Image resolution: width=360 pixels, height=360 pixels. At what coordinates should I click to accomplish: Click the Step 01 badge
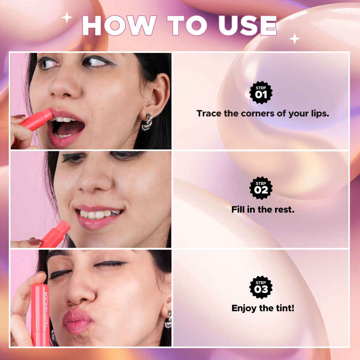pos(261,92)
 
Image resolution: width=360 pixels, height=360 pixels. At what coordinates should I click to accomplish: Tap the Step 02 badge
pos(261,188)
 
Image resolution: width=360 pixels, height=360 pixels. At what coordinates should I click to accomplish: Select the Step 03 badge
pos(261,287)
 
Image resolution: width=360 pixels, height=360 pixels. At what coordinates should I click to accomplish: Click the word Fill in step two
pos(238,209)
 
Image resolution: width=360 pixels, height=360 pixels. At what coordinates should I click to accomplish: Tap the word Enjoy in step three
pos(245,308)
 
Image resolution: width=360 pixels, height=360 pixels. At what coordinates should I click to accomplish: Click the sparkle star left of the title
pos(67,17)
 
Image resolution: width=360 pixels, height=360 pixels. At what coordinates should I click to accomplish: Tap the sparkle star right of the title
pos(295,38)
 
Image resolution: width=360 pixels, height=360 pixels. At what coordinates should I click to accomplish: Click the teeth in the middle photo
pos(100,214)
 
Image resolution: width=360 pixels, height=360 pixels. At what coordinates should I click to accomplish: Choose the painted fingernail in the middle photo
pos(35,242)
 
